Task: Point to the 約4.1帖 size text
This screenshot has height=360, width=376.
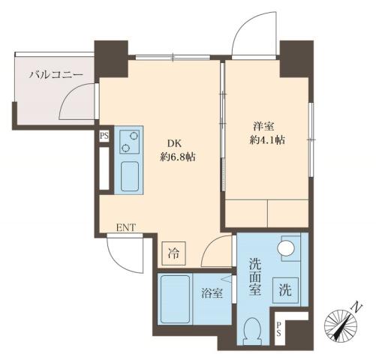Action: [269, 139]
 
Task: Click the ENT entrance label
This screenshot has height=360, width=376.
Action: [125, 227]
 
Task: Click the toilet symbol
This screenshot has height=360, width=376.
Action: [254, 329]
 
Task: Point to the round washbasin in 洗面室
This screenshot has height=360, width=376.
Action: [285, 248]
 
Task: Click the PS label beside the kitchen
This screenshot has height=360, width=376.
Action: [104, 136]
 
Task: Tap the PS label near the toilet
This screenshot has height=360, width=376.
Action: [278, 327]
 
